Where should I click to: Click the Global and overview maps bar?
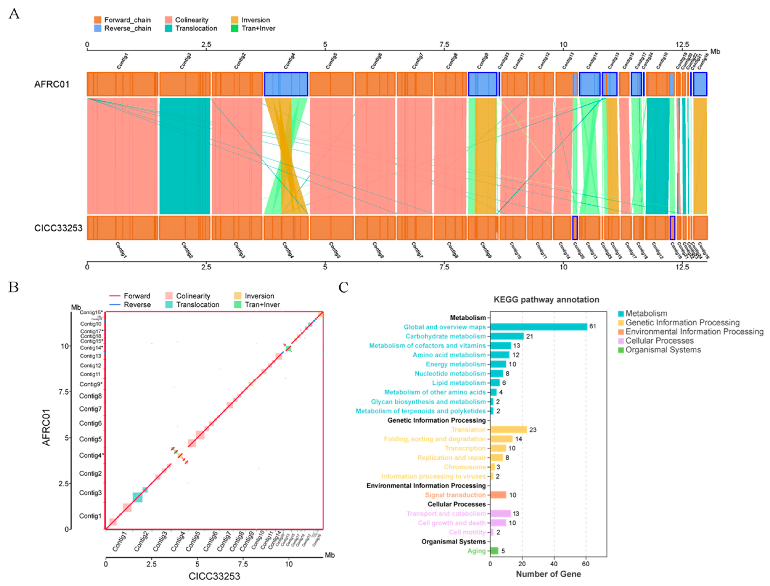tap(539, 327)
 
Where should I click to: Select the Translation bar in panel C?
tap(508, 430)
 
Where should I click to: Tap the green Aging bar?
tap(494, 551)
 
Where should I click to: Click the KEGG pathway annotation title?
tap(546, 300)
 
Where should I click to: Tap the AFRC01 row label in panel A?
tap(52, 84)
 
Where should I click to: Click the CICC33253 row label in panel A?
tap(58, 228)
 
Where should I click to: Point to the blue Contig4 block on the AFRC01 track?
tap(286, 84)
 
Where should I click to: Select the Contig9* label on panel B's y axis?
tap(91, 384)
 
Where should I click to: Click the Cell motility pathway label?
tap(467, 532)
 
